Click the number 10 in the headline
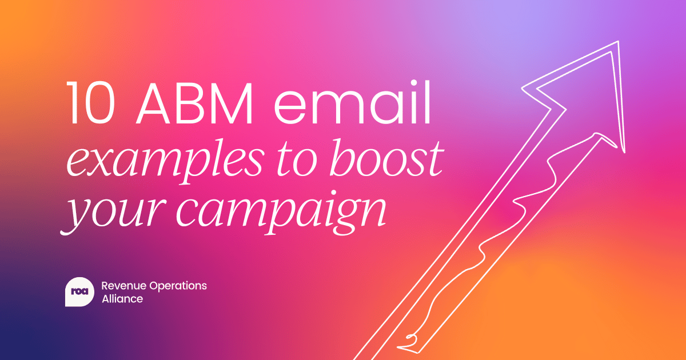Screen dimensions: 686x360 click(x=91, y=103)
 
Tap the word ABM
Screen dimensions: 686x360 click(x=194, y=103)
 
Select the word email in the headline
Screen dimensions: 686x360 click(x=353, y=102)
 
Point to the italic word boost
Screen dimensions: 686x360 click(x=386, y=158)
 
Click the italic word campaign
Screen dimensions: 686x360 click(x=281, y=213)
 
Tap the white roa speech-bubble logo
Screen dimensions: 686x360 click(x=79, y=291)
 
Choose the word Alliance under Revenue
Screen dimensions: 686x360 click(x=122, y=299)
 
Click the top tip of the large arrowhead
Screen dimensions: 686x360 click(x=618, y=41)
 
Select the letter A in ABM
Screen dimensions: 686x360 click(x=156, y=103)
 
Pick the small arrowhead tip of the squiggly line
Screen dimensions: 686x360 click(x=597, y=134)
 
